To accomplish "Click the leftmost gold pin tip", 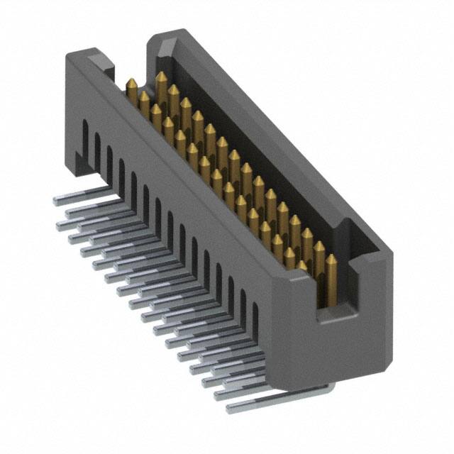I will point(131,84).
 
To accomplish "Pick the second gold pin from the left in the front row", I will point(144,99).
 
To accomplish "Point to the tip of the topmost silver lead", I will point(57,201).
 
